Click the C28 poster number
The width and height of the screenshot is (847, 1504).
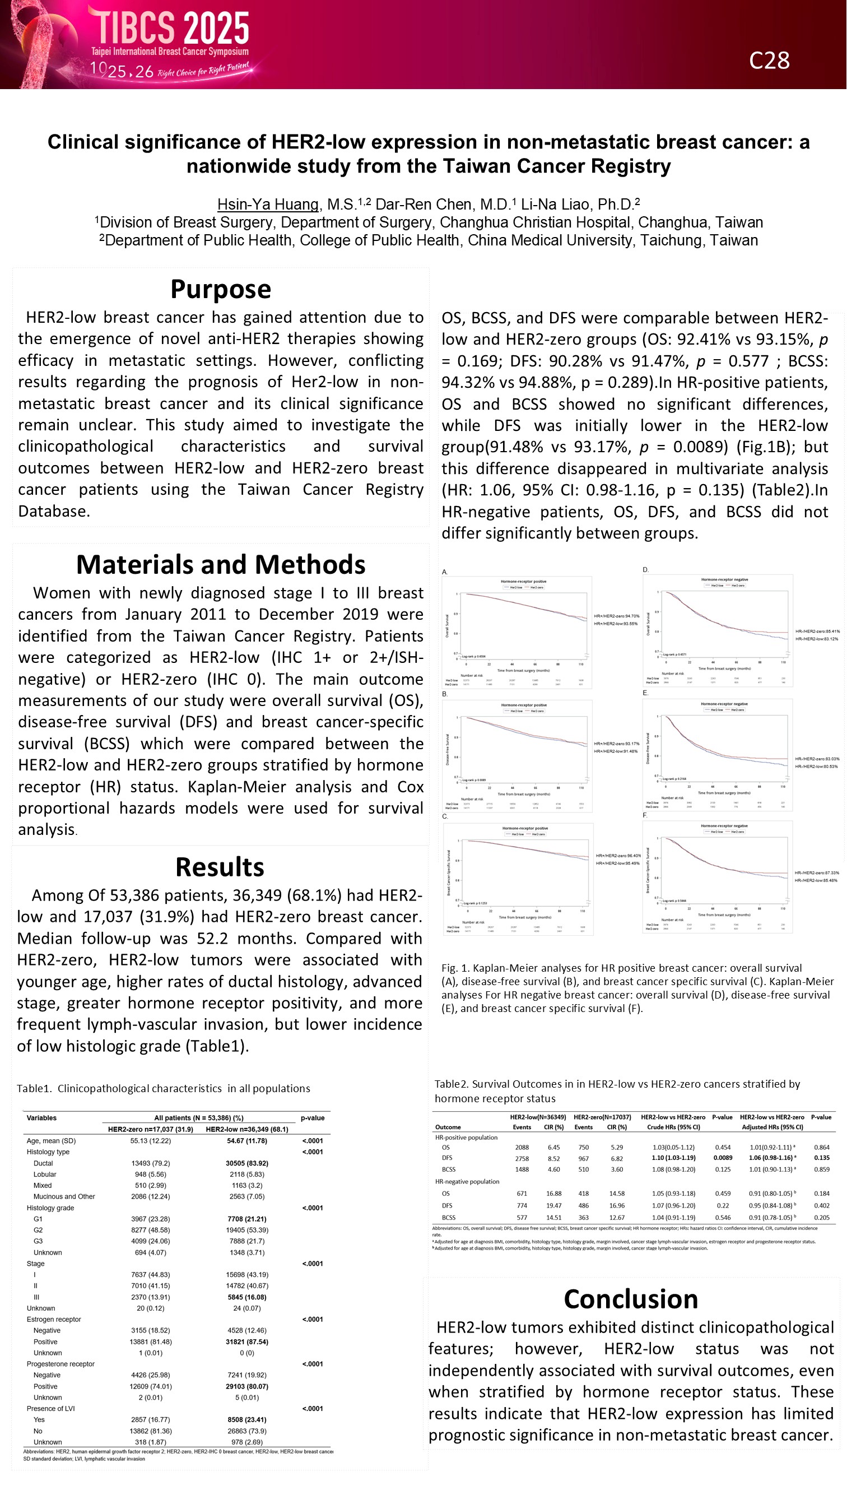[769, 61]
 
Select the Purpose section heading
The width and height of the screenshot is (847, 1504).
[221, 289]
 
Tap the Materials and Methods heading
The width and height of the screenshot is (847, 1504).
[221, 565]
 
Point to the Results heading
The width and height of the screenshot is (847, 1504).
[220, 867]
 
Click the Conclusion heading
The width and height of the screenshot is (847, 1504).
[630, 1299]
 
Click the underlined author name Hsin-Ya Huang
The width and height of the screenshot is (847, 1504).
[268, 205]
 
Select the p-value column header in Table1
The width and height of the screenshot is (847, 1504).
[312, 1118]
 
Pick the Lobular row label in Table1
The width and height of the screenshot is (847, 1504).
[44, 1174]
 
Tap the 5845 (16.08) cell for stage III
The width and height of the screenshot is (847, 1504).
[247, 1297]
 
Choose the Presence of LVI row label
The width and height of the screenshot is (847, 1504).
[51, 1409]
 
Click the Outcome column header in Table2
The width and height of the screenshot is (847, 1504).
[448, 1127]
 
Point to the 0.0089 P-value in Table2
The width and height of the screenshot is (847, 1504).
[723, 1158]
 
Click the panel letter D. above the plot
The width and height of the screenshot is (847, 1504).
[645, 569]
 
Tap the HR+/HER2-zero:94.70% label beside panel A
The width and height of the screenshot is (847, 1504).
[616, 616]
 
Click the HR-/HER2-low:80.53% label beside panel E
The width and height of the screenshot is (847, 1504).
[817, 766]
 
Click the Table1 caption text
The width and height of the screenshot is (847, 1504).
[164, 1088]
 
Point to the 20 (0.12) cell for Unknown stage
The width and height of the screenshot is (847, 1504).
[151, 1308]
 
